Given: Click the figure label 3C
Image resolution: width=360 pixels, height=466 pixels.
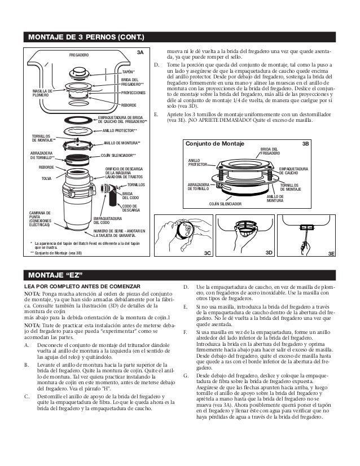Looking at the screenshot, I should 208,254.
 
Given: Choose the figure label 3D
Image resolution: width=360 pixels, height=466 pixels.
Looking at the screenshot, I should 269,254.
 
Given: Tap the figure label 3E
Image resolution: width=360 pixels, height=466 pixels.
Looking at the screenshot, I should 332,254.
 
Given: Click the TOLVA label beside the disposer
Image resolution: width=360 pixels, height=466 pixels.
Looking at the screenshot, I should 47,178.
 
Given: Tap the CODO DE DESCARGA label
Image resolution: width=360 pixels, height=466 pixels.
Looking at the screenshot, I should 131,208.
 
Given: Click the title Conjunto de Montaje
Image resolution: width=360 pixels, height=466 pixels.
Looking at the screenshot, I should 215,144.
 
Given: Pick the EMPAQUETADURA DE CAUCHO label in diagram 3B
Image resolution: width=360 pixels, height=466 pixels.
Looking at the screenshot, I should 293,170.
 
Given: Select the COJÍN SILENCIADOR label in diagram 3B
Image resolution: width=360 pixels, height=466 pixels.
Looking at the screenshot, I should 225,203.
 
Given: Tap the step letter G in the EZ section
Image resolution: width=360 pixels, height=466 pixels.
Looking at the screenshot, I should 186,375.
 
